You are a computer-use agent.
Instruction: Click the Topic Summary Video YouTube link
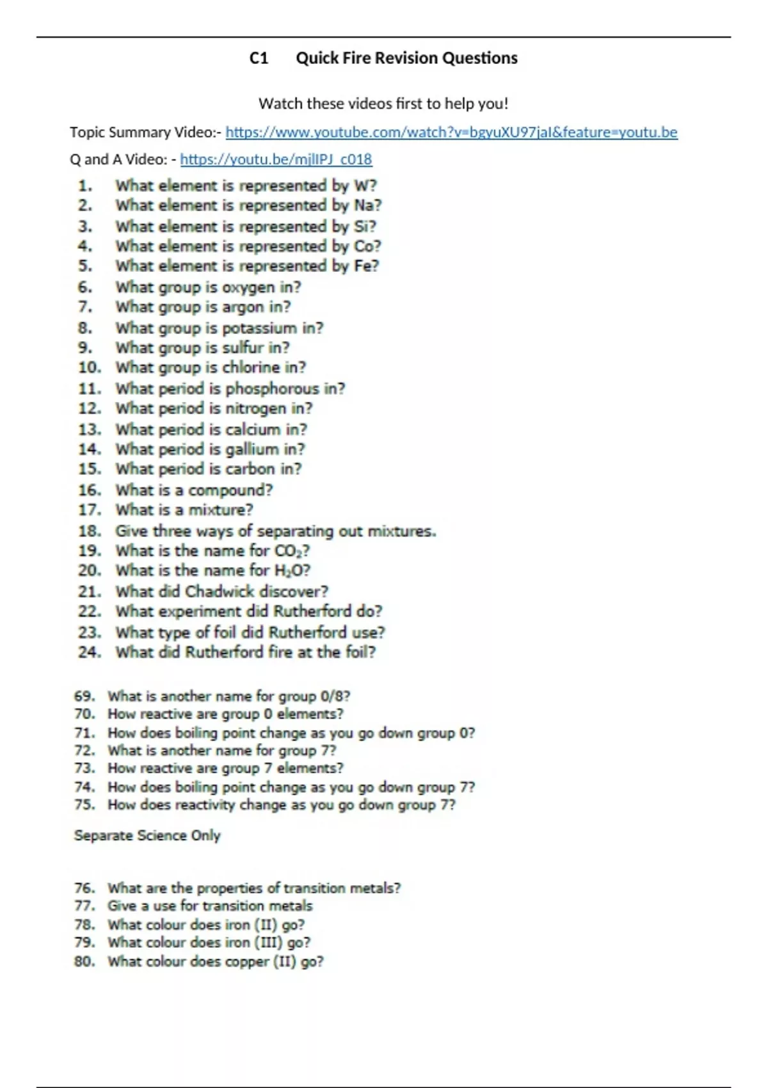[451, 132]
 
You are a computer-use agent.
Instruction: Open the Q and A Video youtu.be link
[276, 159]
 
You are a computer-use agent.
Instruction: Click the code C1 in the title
[259, 58]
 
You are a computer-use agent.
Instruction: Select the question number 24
[90, 652]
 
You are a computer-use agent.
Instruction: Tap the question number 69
[84, 696]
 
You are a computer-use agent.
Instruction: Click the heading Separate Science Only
[147, 835]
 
